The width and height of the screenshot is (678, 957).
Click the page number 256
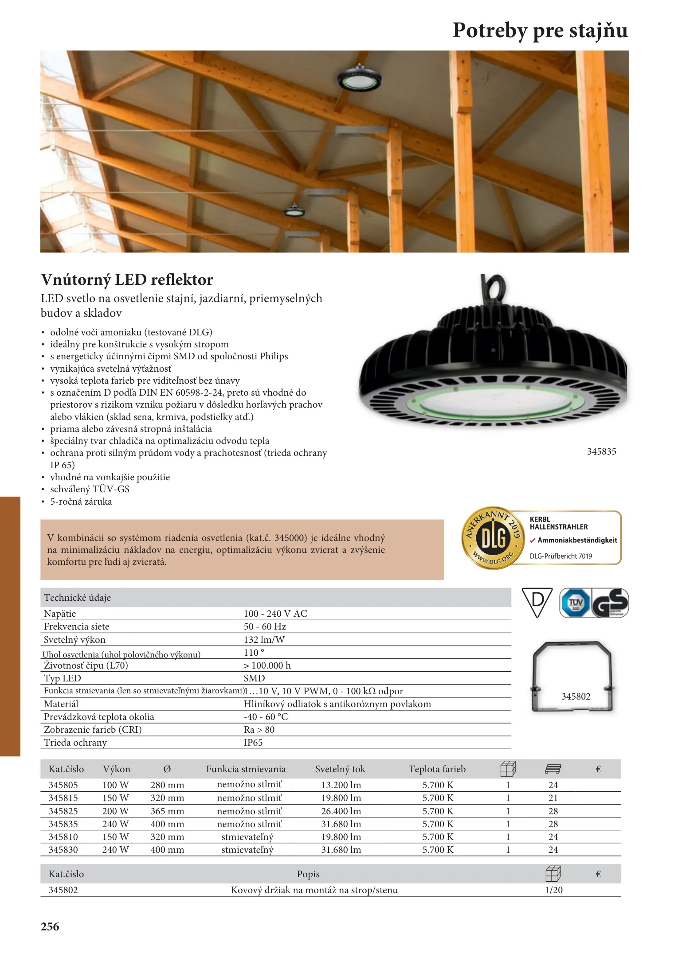(50, 927)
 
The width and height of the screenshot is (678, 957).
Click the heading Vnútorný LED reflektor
(127, 280)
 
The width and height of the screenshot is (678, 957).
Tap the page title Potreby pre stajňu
(540, 31)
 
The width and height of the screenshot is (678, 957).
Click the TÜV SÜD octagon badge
(575, 603)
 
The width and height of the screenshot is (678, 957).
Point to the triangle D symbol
(537, 601)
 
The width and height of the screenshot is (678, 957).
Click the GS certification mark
(611, 603)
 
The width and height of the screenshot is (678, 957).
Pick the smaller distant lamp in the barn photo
(294, 210)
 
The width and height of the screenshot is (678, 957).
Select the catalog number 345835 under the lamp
(601, 451)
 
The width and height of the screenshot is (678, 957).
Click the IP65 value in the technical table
(253, 743)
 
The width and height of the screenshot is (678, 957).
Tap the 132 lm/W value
(264, 640)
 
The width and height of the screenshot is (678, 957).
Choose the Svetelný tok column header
(340, 769)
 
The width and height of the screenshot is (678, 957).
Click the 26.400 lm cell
(341, 811)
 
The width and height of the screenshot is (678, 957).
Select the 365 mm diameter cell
(167, 811)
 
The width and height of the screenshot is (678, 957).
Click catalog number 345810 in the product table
(63, 837)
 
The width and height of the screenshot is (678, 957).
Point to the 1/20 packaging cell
(553, 890)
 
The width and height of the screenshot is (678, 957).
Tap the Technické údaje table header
(78, 598)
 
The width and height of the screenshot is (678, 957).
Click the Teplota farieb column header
(437, 769)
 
